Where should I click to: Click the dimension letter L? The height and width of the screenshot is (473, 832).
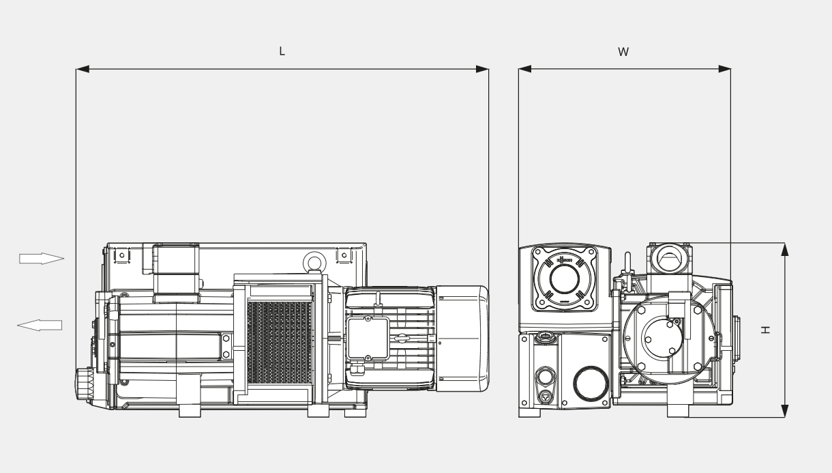[x=282, y=52]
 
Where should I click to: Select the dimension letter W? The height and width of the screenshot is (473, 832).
[x=623, y=52]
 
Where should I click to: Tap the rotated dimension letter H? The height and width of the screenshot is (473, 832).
[x=766, y=329]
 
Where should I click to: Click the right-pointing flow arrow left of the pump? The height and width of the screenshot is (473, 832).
[x=41, y=258]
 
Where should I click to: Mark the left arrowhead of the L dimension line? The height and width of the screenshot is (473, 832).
[x=83, y=69]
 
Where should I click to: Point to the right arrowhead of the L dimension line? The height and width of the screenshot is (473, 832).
[x=482, y=69]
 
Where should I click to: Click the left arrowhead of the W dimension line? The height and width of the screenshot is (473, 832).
[x=524, y=69]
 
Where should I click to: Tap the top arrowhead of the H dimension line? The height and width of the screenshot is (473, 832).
[x=784, y=249]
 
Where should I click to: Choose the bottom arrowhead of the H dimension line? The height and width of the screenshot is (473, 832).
[x=784, y=410]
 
